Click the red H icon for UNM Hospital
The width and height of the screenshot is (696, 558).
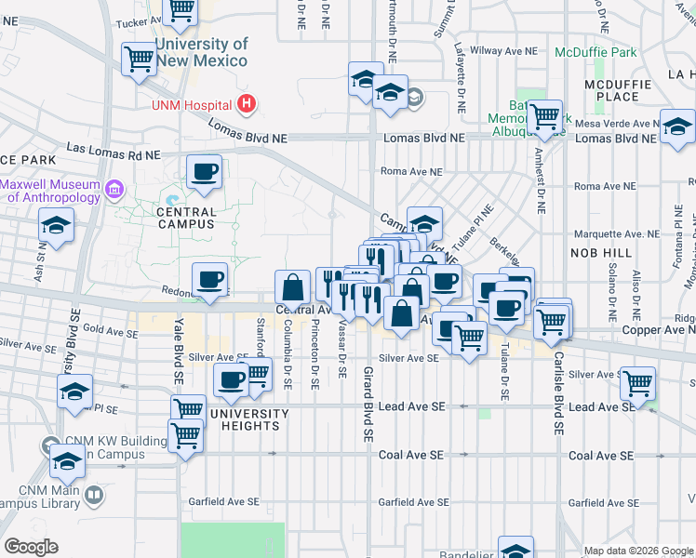(247, 104)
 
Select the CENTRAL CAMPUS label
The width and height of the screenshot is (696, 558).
(186, 212)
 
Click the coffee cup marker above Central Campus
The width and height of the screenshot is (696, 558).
(204, 171)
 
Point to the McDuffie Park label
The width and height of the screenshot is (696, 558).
(596, 52)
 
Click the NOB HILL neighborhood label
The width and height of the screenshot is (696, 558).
(596, 252)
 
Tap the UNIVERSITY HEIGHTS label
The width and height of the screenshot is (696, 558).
(249, 419)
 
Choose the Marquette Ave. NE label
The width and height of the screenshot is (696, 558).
(617, 233)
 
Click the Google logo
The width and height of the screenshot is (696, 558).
(31, 547)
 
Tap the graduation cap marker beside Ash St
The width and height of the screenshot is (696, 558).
(57, 226)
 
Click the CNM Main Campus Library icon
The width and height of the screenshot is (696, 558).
(93, 495)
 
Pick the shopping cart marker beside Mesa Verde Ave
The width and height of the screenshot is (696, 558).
(545, 117)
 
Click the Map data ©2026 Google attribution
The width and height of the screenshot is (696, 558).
(638, 551)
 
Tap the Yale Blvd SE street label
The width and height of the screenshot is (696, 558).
(176, 355)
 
